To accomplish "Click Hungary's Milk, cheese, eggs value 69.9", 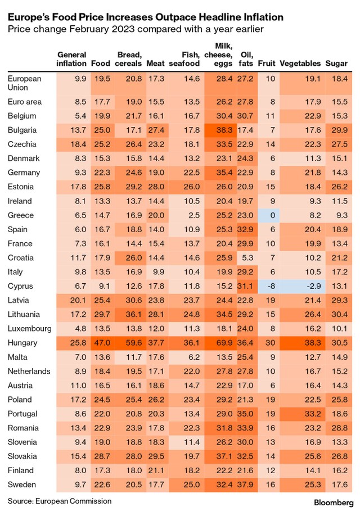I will click(224, 342).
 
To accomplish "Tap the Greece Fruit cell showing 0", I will click(271, 215).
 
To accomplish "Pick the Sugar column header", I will click(336, 64).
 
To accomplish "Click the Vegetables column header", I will click(300, 64).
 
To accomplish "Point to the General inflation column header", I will click(72, 59).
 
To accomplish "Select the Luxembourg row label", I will click(30, 328).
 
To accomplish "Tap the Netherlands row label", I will click(29, 371).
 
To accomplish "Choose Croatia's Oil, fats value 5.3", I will click(246, 257).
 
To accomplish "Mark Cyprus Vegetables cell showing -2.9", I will click(313, 286).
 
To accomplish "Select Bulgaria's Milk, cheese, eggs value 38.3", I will click(224, 130).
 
